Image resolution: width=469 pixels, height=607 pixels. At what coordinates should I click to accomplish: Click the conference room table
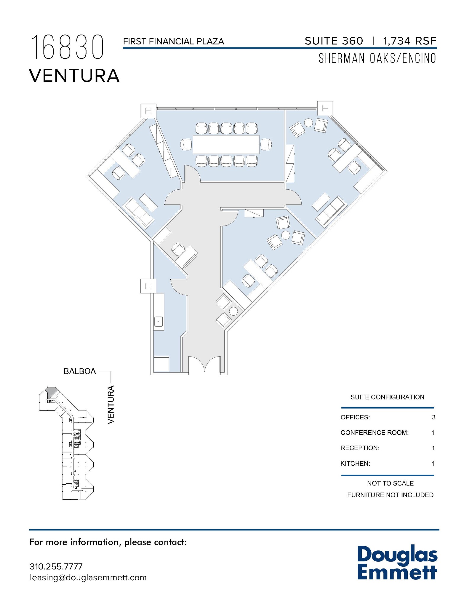[226, 144]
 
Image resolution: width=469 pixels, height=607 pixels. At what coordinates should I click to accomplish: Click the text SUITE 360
[334, 41]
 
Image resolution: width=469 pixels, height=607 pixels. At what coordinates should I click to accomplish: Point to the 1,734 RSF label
[409, 41]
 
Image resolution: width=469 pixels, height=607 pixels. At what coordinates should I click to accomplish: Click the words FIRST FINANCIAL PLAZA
[173, 41]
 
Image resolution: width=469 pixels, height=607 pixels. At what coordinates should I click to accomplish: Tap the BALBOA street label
[80, 371]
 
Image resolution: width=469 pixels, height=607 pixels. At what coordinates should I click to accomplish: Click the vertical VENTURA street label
[111, 404]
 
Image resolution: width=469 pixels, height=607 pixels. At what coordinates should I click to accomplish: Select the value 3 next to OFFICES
[433, 417]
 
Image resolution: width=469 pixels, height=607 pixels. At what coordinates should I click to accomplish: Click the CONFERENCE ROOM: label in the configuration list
[374, 433]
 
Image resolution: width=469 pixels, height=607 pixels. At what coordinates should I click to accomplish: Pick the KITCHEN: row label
[355, 464]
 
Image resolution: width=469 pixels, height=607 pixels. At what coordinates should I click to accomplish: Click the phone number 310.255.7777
[56, 566]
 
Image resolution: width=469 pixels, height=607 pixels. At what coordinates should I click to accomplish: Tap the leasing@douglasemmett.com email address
[88, 578]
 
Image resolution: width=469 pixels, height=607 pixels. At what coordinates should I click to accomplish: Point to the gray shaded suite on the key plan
[51, 391]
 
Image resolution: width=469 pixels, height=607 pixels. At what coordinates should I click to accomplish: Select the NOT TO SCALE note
[390, 483]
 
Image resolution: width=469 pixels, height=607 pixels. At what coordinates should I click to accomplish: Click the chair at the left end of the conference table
[186, 145]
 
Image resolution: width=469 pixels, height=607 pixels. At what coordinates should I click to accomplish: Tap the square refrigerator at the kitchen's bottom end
[161, 363]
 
